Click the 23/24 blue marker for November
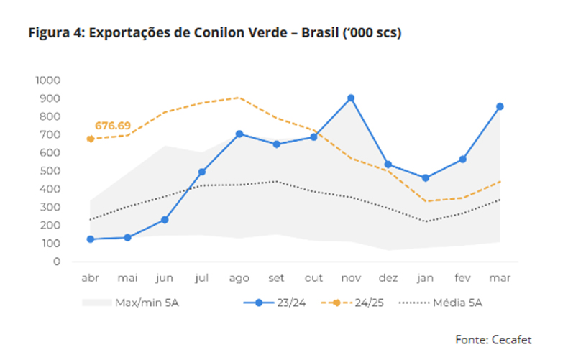pyautogui.click(x=351, y=98)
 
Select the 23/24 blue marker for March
pyautogui.click(x=500, y=106)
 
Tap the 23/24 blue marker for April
pyautogui.click(x=91, y=239)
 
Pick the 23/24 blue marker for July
pyautogui.click(x=202, y=172)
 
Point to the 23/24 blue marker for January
pyautogui.click(x=426, y=177)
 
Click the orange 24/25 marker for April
pyautogui.click(x=91, y=139)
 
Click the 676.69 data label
pyautogui.click(x=113, y=126)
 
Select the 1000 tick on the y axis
pyautogui.click(x=48, y=80)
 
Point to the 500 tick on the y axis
pyautogui.click(x=50, y=170)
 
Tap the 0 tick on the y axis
pyautogui.click(x=57, y=262)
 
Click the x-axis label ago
pyautogui.click(x=239, y=278)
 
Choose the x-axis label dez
pyautogui.click(x=388, y=278)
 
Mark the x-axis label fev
pyautogui.click(x=462, y=278)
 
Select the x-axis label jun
pyautogui.click(x=165, y=278)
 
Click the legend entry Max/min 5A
pyautogui.click(x=130, y=303)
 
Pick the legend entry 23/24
pyautogui.click(x=275, y=303)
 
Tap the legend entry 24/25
pyautogui.click(x=352, y=303)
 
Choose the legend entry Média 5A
pyautogui.click(x=441, y=303)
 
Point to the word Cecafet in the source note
pyautogui.click(x=511, y=340)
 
